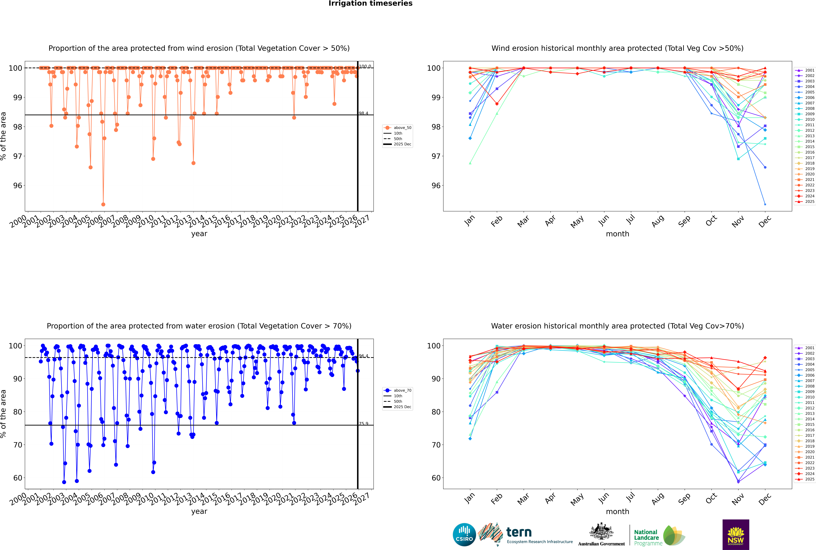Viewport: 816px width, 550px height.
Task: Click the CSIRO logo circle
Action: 464,535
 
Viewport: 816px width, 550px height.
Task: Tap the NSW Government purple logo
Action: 736,534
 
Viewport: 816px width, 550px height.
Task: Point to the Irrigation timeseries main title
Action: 370,3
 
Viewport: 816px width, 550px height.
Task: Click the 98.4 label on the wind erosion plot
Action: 363,113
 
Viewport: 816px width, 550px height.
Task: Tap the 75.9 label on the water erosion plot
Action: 363,424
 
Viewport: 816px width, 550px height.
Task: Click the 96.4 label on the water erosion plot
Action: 363,356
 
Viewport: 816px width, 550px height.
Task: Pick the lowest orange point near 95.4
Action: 103,204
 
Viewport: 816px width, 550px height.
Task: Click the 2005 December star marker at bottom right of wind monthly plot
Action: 765,204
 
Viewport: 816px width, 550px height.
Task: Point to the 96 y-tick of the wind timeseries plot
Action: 17,186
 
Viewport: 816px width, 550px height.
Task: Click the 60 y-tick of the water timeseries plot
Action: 17,478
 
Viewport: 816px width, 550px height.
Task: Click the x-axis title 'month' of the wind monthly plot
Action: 617,234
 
